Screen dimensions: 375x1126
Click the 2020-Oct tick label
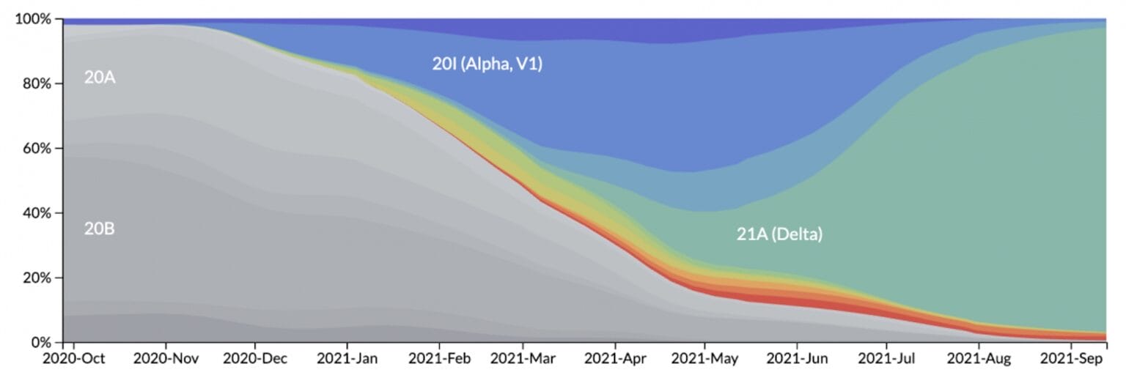point(74,359)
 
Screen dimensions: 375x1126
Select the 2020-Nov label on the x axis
point(166,359)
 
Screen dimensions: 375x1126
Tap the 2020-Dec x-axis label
point(255,359)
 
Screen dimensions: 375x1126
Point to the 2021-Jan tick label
point(347,359)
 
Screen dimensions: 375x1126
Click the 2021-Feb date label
point(439,359)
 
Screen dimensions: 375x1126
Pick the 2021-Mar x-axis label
point(523,359)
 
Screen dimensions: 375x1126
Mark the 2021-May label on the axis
point(705,359)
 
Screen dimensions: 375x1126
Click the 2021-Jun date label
point(798,359)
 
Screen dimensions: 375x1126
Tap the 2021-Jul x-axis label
point(887,359)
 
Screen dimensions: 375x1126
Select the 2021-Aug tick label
point(979,359)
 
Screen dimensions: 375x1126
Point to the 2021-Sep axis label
point(1072,359)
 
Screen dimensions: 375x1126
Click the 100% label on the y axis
point(33,19)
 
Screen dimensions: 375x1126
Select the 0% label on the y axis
point(40,342)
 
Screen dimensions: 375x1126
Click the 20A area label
point(100,77)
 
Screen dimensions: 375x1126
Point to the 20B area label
point(100,229)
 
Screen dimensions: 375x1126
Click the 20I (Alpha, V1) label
point(487,64)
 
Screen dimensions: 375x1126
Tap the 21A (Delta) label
point(779,235)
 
